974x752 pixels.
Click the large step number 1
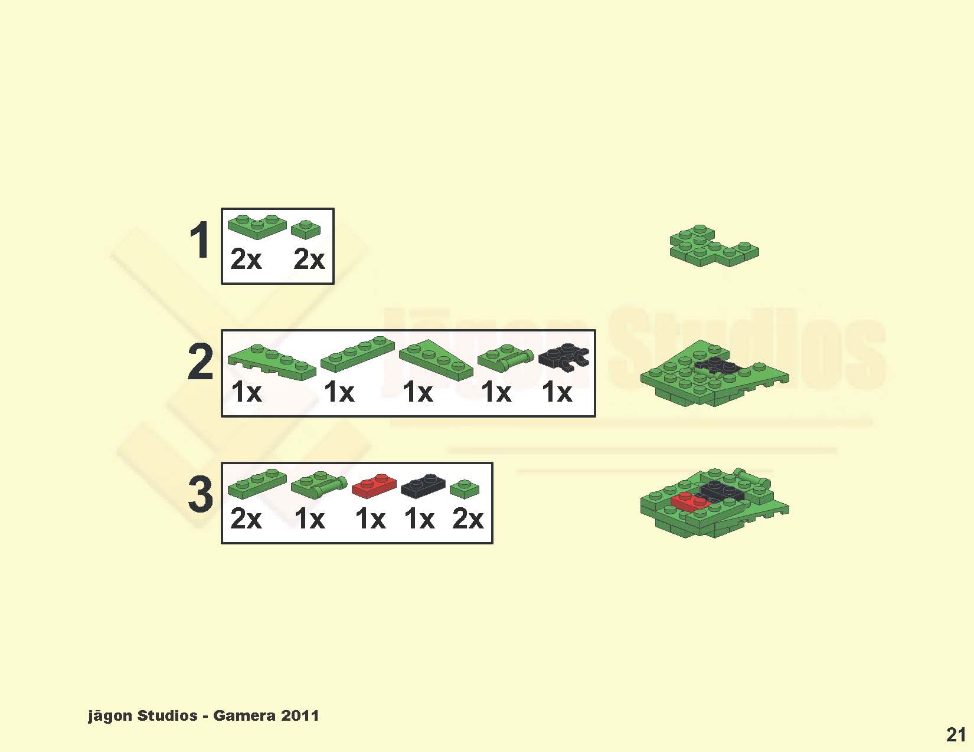point(199,241)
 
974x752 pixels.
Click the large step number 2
point(200,362)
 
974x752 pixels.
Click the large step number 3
point(200,494)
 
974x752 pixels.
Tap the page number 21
point(956,734)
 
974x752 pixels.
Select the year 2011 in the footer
point(300,715)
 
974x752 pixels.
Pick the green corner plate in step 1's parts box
point(257,226)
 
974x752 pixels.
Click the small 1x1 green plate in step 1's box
point(306,229)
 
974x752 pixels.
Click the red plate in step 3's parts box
point(374,486)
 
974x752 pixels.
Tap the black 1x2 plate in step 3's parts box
point(423,486)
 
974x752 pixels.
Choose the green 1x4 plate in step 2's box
point(358,354)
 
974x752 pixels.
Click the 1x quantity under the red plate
point(370,520)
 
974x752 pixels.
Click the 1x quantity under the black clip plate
point(557,393)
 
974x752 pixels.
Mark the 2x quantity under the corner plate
point(246,260)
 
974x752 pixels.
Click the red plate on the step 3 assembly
point(690,501)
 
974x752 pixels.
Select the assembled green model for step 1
point(714,246)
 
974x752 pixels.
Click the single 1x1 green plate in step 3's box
point(465,489)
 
